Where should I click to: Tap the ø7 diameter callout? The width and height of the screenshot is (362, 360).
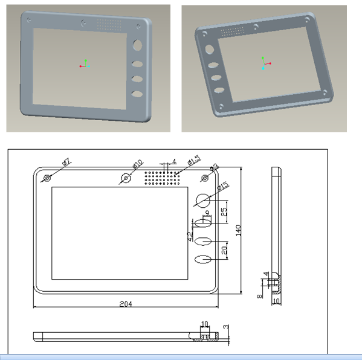pyautogui.click(x=66, y=162)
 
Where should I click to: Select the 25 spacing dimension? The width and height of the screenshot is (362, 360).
pyautogui.click(x=224, y=211)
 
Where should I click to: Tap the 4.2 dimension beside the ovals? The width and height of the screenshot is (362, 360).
pyautogui.click(x=190, y=236)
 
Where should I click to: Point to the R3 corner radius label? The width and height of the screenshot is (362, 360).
pyautogui.click(x=214, y=169)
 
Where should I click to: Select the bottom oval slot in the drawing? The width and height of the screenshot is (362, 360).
pyautogui.click(x=204, y=260)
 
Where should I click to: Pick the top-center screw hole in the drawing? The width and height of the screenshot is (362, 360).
pyautogui.click(x=126, y=178)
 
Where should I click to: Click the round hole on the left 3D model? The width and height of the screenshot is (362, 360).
pyautogui.click(x=138, y=45)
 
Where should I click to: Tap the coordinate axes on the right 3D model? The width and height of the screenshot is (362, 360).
pyautogui.click(x=264, y=63)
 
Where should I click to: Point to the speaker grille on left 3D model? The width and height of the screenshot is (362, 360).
pyautogui.click(x=109, y=24)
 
